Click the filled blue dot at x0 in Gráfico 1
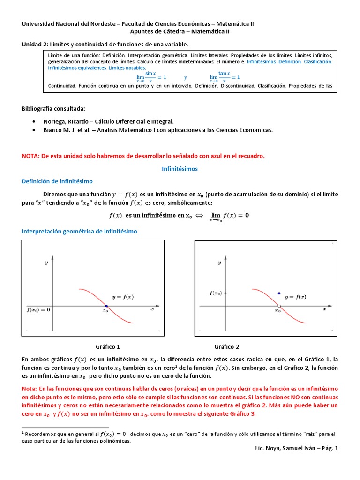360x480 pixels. pos(106,306)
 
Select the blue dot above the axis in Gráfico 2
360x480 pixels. pos(279,293)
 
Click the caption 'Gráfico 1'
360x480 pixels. pos(108,347)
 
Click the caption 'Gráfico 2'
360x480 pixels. pos(226,347)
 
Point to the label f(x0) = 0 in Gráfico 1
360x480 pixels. pos(39,309)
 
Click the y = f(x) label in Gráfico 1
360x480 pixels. pos(123,297)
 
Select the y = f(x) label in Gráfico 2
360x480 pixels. pos(296,297)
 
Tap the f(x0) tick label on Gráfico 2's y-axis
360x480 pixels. pos(216,293)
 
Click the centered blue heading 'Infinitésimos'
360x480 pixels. pos(180,168)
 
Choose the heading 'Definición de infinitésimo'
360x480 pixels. pos(57,181)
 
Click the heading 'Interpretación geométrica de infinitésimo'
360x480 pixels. pos(80,232)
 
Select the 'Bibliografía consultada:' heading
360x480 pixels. pos(53,109)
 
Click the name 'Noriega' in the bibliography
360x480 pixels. pos(54,121)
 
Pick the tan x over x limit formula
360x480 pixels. pos(225,77)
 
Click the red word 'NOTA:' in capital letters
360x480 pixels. pos(32,156)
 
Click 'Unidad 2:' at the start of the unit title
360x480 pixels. pos(35,45)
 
